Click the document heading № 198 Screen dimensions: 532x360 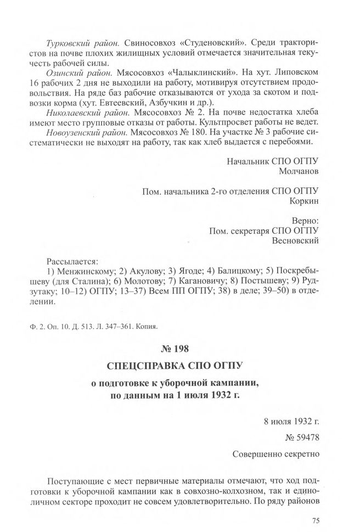(179, 348)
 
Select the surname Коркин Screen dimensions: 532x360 (303, 201)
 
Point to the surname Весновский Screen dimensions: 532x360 (295, 239)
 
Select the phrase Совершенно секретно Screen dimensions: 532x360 (276, 455)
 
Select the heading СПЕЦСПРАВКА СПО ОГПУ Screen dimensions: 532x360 (179, 365)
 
